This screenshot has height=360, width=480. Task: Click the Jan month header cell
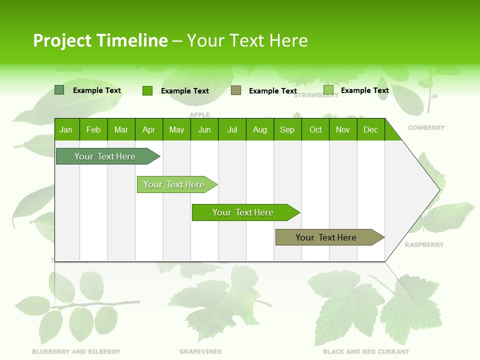66,129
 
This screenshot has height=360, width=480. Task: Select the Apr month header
148,129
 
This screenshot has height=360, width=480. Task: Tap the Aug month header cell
259,129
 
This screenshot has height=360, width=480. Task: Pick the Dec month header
370,129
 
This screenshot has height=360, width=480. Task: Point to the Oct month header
315,129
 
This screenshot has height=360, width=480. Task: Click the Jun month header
204,129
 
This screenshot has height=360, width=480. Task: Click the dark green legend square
59,90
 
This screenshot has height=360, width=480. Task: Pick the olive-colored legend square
236,90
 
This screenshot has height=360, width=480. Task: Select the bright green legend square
147,90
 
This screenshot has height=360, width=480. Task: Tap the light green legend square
328,90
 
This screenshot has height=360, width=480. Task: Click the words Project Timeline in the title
100,40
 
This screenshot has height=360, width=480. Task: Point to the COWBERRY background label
426,127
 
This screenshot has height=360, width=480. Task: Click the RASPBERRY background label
424,244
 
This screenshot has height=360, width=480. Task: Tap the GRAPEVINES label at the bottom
200,351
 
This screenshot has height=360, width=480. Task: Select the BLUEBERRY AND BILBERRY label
76,351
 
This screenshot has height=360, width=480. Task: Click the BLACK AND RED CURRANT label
366,351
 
